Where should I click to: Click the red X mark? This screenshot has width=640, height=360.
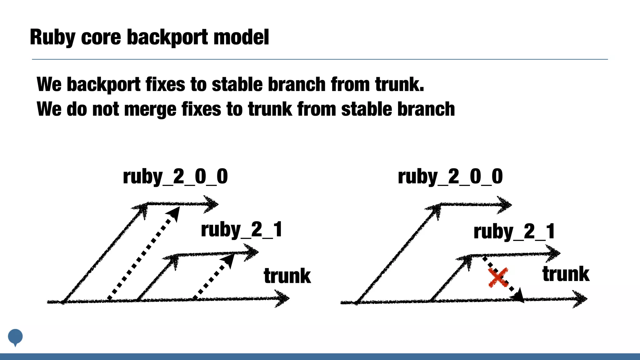coord(498,277)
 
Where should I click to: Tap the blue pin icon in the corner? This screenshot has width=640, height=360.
coord(15,337)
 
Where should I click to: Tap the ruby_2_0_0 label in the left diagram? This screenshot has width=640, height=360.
coord(175,177)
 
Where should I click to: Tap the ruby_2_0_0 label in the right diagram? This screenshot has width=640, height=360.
coord(450,177)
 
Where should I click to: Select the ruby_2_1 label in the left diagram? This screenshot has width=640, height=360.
coord(242,230)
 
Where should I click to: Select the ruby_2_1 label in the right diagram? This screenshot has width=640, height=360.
coord(514,232)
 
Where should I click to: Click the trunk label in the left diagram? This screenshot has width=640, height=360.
coord(287,276)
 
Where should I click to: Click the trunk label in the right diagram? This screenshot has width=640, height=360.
coord(566,274)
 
